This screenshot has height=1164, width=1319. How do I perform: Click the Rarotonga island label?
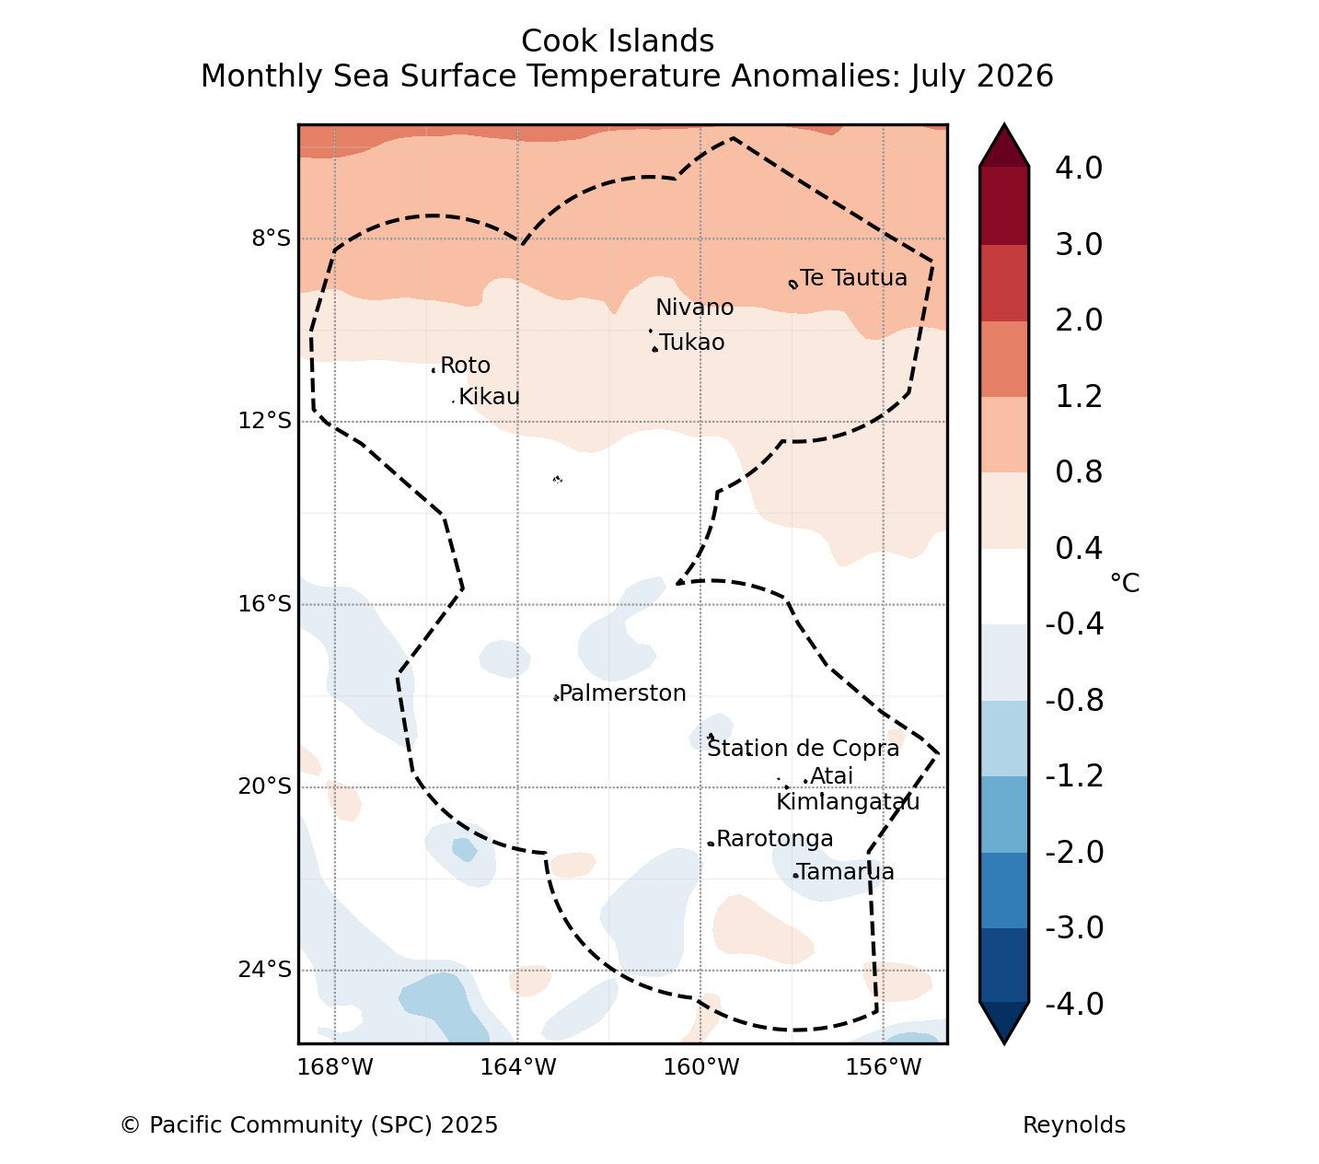pos(775,839)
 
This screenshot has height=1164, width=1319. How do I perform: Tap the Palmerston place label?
pos(622,693)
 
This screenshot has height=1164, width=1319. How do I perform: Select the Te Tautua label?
pos(853,278)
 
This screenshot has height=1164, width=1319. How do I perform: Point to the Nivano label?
pos(695,308)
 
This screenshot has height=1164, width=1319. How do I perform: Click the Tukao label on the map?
pos(692,343)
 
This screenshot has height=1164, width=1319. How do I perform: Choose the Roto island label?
pos(466,366)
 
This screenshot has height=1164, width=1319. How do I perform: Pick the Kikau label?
pos(490,397)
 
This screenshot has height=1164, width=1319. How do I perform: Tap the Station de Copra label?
pos(804,749)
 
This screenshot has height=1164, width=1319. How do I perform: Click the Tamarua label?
pos(846,872)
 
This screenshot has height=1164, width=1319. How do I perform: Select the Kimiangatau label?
pos(849,802)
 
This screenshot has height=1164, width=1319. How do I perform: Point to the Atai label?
pos(831,776)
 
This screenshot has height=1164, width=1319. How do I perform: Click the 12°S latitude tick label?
pos(264,421)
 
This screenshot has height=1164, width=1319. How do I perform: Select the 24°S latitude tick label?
pos(264,970)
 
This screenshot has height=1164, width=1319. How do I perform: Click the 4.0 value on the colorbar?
pos(1079,168)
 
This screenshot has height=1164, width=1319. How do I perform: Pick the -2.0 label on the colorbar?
pos(1075,852)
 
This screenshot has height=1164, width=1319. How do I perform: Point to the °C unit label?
pos(1125,583)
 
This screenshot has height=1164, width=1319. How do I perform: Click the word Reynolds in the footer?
pos(1074,1125)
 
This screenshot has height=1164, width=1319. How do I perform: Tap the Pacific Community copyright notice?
pos(309,1125)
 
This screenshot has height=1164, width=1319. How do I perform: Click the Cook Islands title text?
pos(618,41)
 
